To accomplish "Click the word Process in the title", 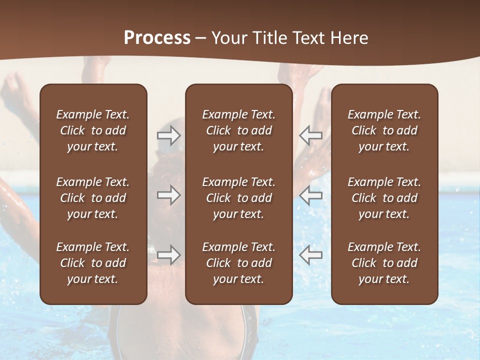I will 157,38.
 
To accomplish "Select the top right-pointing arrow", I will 169,135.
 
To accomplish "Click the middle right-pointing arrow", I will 169,195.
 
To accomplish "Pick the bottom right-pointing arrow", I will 169,255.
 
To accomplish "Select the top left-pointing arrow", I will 311,135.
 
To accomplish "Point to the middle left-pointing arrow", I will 311,195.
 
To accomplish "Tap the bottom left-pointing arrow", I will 311,255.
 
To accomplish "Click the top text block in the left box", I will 93,130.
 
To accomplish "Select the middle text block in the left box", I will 93,198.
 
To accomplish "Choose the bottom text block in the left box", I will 93,263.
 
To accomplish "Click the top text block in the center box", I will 238,130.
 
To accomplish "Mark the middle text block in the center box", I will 238,198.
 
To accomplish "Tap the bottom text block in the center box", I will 238,263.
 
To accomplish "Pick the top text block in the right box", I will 384,130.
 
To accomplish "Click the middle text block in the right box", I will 384,198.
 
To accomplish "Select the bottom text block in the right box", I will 384,263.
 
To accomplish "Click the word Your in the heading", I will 228,38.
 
